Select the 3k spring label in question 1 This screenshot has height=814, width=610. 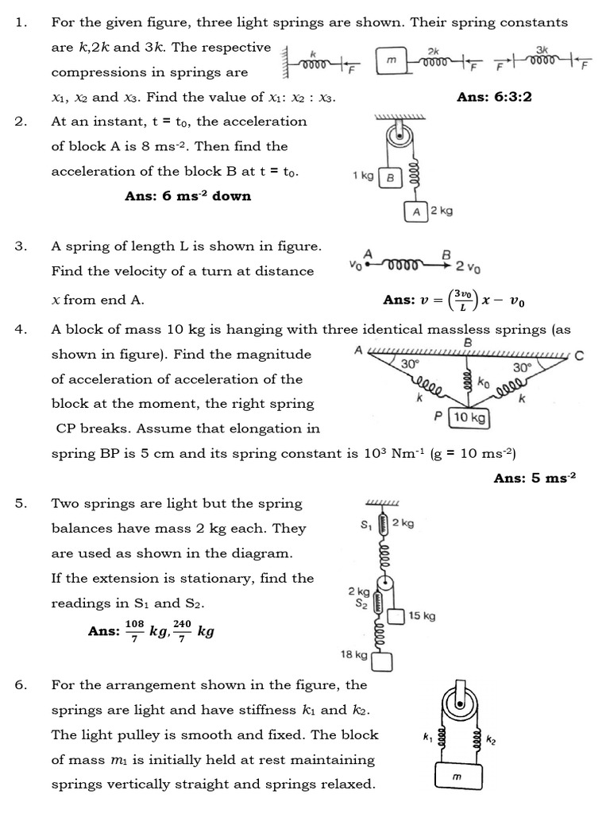click(x=542, y=49)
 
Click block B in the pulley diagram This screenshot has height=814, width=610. click(x=390, y=178)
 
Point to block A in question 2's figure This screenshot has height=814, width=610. click(x=416, y=211)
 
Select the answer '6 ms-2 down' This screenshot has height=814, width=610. click(x=187, y=196)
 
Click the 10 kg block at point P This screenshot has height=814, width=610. click(x=469, y=417)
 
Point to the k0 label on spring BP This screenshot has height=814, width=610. click(x=483, y=382)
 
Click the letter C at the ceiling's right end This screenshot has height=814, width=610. click(x=579, y=355)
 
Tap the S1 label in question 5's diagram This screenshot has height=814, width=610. click(x=365, y=525)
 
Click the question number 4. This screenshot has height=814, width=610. click(x=21, y=329)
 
